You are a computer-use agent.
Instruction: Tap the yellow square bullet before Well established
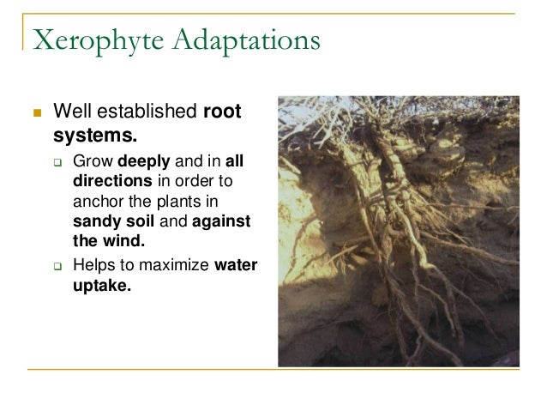[x=36, y=112]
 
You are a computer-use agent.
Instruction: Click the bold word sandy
[x=95, y=221]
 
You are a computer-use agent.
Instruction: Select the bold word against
[x=223, y=221]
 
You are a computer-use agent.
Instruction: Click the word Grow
[x=91, y=160]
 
